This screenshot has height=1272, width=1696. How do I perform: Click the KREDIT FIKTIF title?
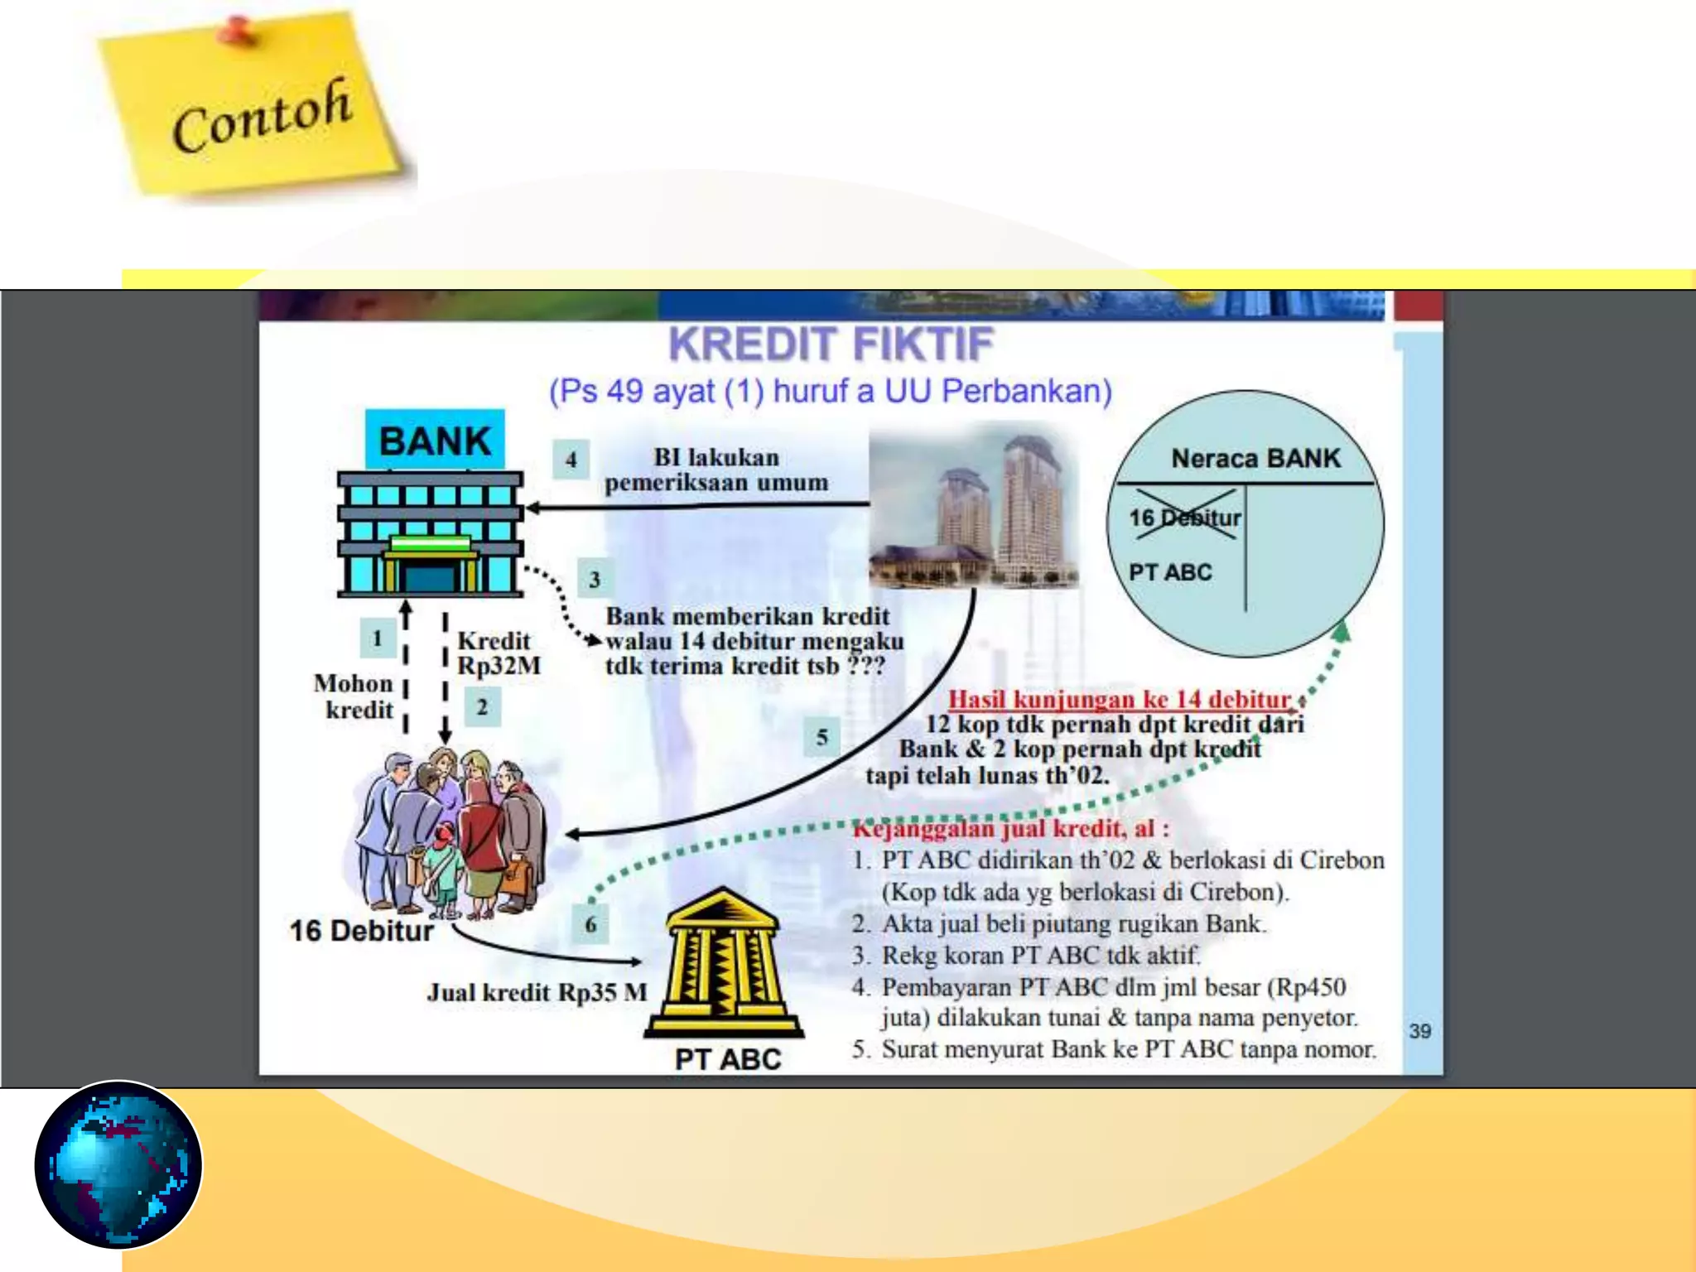click(831, 344)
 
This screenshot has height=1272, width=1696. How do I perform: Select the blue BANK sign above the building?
click(435, 440)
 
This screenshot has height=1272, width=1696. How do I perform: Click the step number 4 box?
click(571, 460)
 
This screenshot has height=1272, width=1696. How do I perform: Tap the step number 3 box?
click(595, 579)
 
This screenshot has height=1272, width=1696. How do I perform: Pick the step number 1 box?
click(378, 638)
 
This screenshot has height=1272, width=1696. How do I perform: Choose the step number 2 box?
click(482, 707)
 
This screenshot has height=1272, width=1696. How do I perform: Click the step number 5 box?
click(821, 737)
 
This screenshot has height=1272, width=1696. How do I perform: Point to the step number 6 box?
click(590, 924)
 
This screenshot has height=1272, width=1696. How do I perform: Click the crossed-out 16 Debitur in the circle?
click(1185, 518)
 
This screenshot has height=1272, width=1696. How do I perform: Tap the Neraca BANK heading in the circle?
click(1255, 458)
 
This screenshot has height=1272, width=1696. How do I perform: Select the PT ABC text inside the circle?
click(1170, 572)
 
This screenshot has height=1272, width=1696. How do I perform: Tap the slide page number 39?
click(1420, 1031)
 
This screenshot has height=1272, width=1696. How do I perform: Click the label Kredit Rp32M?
click(499, 653)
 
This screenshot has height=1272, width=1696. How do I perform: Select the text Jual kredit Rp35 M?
click(537, 992)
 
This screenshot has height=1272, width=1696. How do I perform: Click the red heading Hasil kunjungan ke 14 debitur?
click(1120, 700)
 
